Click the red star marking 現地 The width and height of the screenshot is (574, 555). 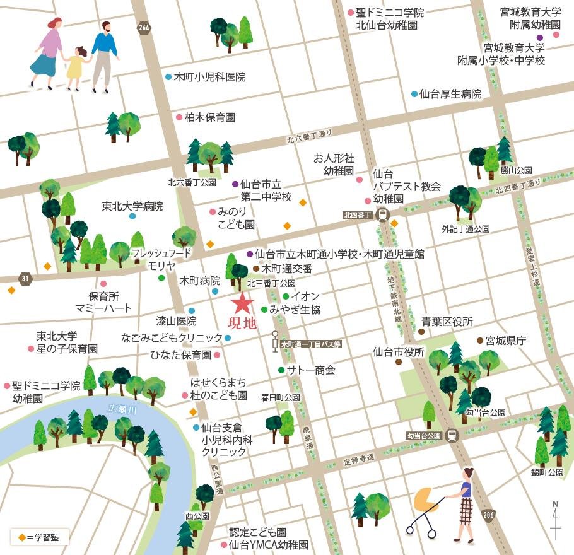point(242,304)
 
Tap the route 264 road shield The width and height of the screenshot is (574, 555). point(144,27)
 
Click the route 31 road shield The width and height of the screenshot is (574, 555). point(25,278)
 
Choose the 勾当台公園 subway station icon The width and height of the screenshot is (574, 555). point(451,435)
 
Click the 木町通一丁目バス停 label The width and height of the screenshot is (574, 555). point(311,344)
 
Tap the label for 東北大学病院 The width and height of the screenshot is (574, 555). point(132,206)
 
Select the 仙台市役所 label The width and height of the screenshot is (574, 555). point(399,352)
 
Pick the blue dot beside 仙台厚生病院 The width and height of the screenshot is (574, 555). point(414,94)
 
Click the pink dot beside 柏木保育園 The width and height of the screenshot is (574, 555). point(179,117)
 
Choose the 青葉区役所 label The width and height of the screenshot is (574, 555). point(447,322)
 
